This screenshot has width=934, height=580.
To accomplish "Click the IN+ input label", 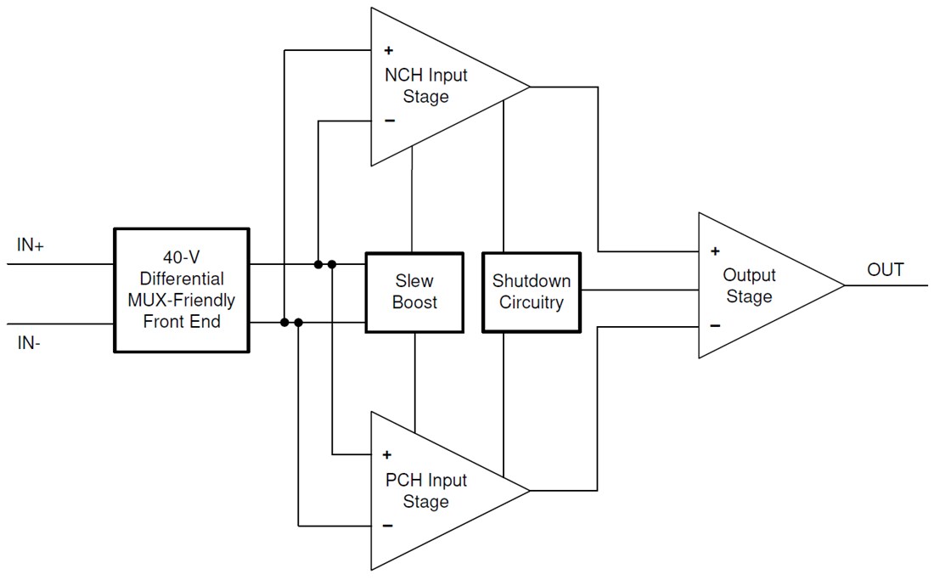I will pos(31,245).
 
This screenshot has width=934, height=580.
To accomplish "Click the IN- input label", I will pos(29,344).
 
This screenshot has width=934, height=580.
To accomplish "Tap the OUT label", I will pos(886,270).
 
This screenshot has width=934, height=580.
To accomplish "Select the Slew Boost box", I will pos(414,291).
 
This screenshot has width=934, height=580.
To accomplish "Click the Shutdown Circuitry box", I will pos(531,291).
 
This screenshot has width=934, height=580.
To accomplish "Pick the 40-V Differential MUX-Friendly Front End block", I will pos(182,290).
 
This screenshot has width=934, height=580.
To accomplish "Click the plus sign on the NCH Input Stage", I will pos(389,51).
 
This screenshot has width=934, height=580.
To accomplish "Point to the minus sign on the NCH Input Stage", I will pos(389,121).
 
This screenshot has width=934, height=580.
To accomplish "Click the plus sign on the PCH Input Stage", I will pos(387,454).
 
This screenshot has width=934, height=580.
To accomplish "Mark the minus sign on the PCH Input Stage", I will pos(387,526).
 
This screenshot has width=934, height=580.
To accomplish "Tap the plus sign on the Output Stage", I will pos(715,251).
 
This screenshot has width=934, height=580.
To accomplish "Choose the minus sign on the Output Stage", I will pos(715,325).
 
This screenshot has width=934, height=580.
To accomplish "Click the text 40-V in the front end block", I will pos(182,258).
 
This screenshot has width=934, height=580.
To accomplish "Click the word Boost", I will pos(414,302).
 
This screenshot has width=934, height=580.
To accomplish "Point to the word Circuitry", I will pos(531,302).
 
